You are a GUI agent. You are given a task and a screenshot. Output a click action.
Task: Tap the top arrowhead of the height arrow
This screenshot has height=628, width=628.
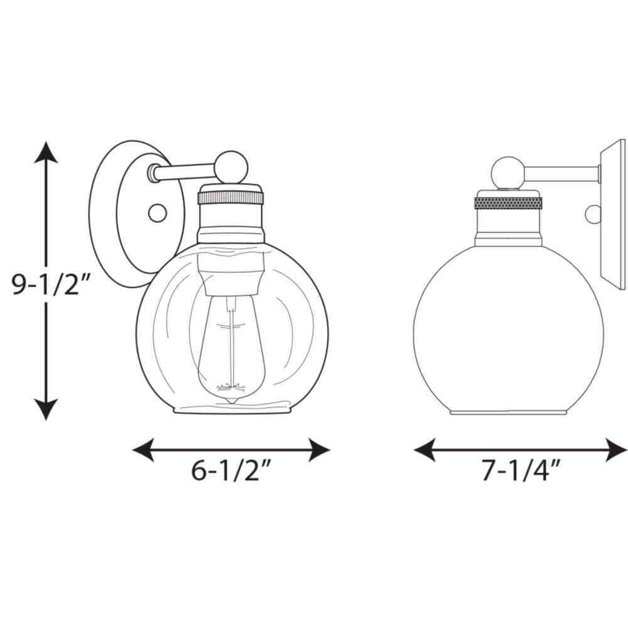[x=46, y=152]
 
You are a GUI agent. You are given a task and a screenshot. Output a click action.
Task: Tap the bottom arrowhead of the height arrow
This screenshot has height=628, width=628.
[x=46, y=409]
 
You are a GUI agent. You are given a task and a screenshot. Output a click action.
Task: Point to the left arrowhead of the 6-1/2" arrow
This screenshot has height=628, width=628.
[x=143, y=450]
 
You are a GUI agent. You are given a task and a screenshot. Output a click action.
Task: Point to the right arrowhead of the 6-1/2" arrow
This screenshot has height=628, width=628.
[x=319, y=450]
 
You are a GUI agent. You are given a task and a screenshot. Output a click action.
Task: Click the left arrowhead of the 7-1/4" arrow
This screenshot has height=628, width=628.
[x=425, y=450]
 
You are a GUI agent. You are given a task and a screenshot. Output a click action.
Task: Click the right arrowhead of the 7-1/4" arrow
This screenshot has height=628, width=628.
[x=616, y=450]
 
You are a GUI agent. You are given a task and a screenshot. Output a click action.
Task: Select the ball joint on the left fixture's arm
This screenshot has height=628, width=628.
[x=232, y=168]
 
